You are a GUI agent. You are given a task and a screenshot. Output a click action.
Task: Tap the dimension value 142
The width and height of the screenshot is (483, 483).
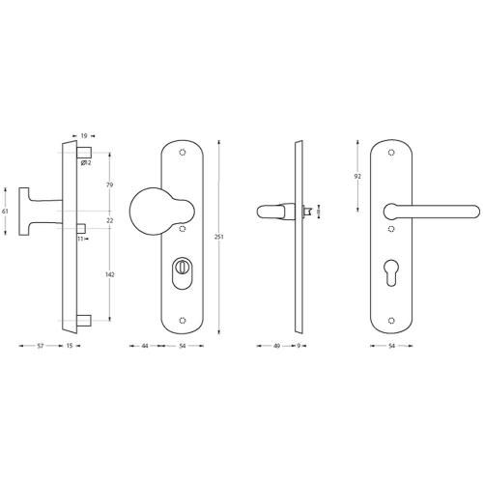tap(111, 275)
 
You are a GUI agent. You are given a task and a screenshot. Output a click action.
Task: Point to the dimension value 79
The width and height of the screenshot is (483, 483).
tap(111, 185)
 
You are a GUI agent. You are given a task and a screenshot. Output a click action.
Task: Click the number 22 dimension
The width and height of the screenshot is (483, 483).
tap(111, 221)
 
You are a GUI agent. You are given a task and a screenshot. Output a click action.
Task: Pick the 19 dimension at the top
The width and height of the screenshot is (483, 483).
tap(84, 137)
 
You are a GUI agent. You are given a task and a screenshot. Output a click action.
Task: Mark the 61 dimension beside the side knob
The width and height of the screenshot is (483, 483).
tap(6, 211)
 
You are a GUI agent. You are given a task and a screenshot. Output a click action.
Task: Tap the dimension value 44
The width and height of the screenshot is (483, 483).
tap(144, 345)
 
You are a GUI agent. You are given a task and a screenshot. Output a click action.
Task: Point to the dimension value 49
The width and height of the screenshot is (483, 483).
tap(275, 345)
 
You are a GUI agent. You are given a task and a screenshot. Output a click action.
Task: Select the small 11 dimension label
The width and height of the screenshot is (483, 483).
tap(80, 238)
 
